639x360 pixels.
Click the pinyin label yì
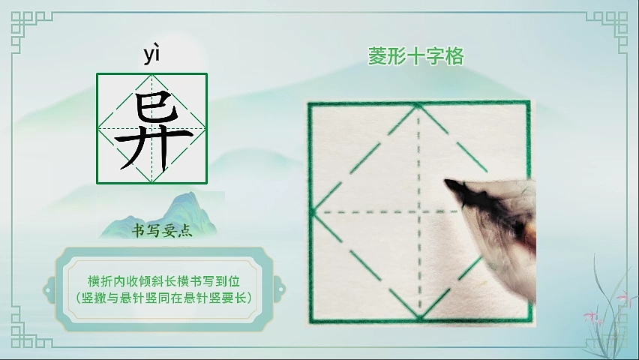151,55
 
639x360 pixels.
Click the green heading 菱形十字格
416,57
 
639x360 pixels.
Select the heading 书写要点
162,231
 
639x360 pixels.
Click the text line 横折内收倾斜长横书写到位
163,281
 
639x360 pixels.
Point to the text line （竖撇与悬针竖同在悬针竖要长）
163,298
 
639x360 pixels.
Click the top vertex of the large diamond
418,105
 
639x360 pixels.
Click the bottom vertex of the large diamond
420,316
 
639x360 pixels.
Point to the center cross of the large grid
419,211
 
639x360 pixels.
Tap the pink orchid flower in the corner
622,295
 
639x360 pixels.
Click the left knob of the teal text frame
49,290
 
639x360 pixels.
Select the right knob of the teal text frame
280,290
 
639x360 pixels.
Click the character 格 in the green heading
454,57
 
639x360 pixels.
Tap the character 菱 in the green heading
377,57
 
